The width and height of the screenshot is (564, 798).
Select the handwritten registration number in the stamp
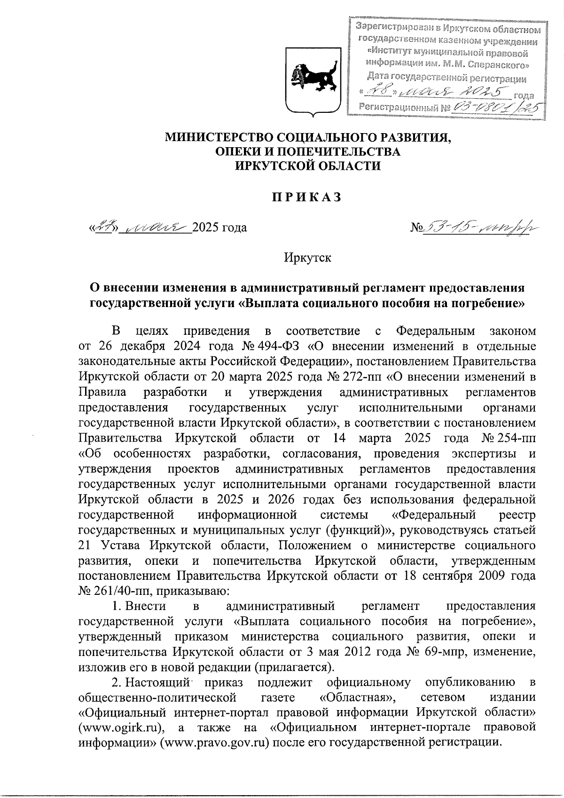pos(493,108)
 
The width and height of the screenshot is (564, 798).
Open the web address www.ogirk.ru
pos(122,728)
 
